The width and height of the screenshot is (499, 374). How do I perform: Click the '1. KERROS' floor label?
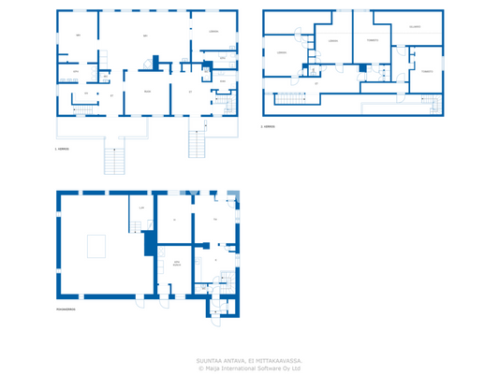tap(63, 149)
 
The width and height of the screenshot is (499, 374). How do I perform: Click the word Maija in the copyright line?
tap(214, 367)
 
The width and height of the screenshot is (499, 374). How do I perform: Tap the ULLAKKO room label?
tap(414, 27)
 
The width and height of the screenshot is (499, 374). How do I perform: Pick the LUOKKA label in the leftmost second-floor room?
tap(280, 52)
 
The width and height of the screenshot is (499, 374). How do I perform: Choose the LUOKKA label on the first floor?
tap(213, 32)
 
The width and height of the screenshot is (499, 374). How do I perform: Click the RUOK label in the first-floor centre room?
tap(147, 92)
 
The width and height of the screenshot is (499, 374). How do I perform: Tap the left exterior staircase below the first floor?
tap(114, 161)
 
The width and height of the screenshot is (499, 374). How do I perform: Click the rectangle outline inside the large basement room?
tap(96, 246)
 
